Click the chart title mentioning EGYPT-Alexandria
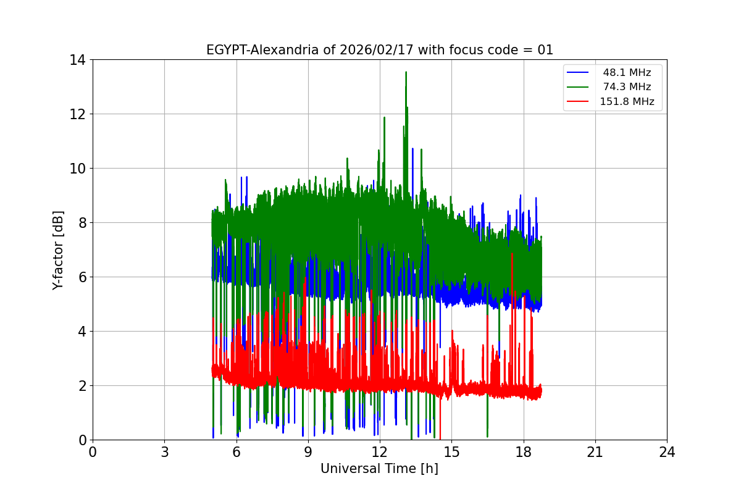point(379,50)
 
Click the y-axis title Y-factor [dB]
point(58,249)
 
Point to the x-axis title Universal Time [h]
point(379,469)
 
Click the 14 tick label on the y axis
point(77,60)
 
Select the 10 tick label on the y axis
point(77,169)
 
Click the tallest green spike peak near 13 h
point(406,72)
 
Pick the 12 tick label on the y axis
point(77,114)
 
